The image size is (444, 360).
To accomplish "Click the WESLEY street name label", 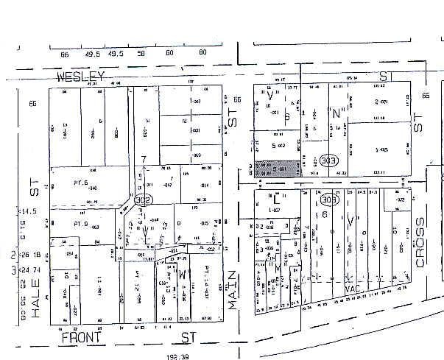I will click(81, 77).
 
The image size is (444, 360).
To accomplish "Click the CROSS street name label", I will click(422, 241).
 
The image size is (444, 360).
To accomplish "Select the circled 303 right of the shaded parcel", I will click(328, 160).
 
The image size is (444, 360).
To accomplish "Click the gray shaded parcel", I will click(277, 169).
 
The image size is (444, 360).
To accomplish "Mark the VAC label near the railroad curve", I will click(352, 289).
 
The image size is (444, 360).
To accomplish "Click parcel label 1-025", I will click(381, 149).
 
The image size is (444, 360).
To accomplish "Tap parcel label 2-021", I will click(381, 102).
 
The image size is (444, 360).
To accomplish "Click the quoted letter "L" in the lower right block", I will click(275, 198).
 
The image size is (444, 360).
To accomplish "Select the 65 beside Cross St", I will click(425, 96).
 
